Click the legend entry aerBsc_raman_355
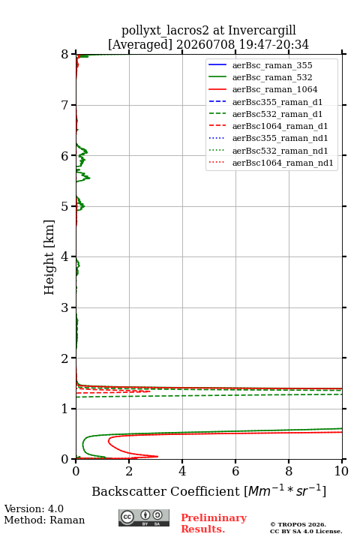tap(272, 65)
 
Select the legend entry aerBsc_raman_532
tap(272, 77)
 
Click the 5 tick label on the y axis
tap(65, 206)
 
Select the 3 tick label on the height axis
tap(65, 307)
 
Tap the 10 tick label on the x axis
tap(341, 471)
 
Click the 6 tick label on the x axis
tap(235, 471)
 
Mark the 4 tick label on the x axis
tap(182, 471)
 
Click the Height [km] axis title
tap(49, 257)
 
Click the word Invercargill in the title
tap(262, 31)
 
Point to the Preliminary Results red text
tap(214, 523)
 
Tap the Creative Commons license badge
tap(144, 518)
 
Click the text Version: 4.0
tap(34, 508)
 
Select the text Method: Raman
tap(44, 520)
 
